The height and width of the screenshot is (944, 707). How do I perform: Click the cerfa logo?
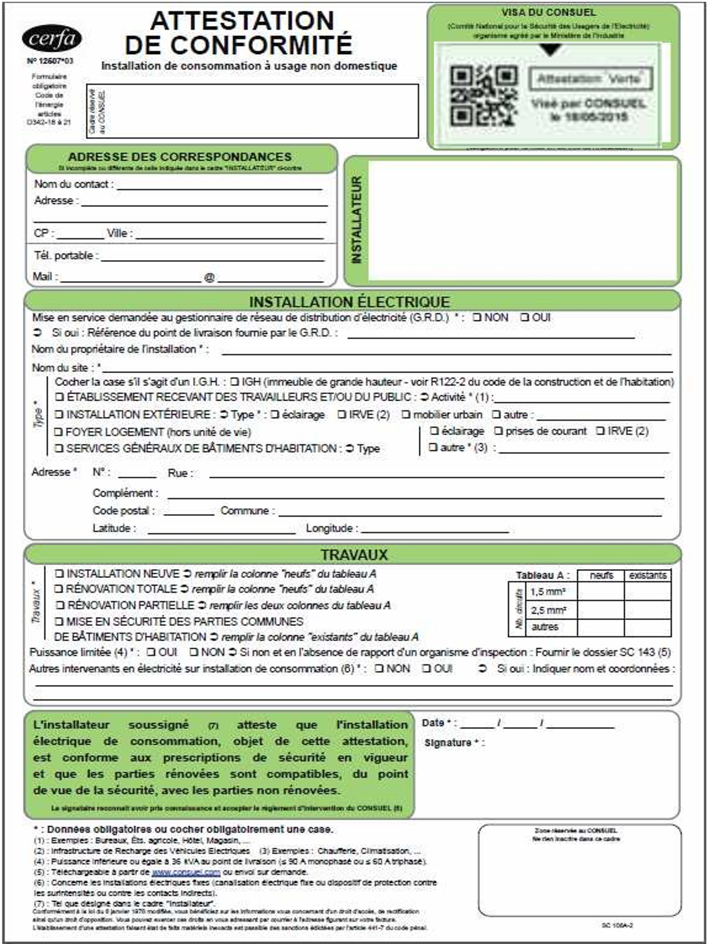coord(52,39)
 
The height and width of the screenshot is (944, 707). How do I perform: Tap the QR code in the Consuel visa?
coord(483,96)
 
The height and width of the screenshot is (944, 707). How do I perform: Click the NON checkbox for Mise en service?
coord(477,317)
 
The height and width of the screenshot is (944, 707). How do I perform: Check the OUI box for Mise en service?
coord(524,317)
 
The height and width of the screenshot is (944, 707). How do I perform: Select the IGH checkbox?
coord(234,382)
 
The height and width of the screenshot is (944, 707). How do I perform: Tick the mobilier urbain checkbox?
coord(406,414)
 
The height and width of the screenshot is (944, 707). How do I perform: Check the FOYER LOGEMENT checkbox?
coord(58,432)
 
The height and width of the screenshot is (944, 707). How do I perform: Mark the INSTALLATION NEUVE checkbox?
coord(59,573)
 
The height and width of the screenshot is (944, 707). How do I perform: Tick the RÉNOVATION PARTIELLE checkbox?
coord(60,605)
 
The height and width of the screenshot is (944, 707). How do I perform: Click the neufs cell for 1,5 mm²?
coord(600,592)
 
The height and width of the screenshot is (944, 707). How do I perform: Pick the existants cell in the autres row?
coord(648,627)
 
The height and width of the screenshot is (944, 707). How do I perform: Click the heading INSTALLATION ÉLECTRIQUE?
coord(349,302)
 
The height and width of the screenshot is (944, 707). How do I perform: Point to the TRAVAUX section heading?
coord(354,554)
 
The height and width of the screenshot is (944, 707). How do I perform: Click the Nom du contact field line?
coord(219,185)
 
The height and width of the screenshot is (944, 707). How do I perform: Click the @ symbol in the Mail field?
coord(210,277)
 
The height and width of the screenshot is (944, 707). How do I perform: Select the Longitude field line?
coord(435,528)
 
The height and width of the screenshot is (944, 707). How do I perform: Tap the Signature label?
coord(451,743)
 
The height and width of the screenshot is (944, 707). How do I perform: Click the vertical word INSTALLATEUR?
coord(357,220)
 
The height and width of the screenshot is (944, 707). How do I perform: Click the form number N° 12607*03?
coord(50,60)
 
